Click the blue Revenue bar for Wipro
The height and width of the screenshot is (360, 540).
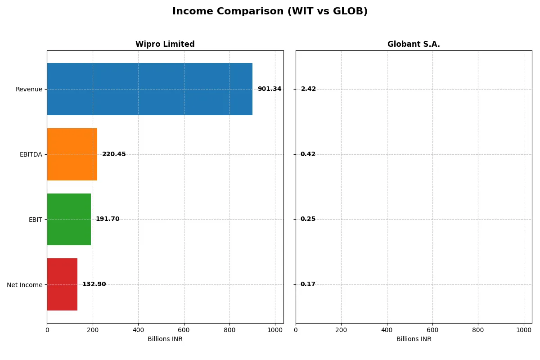[x=149, y=89]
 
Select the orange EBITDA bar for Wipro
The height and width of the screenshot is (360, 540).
[x=72, y=154]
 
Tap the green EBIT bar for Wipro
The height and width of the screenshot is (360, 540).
[x=69, y=219]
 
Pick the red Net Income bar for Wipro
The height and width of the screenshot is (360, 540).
[x=62, y=284]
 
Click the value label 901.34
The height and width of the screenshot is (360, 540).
[x=269, y=89]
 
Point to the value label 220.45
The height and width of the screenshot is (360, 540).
[x=114, y=154]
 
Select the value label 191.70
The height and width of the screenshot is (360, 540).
[x=108, y=219]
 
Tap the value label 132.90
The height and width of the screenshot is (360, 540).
[x=94, y=284]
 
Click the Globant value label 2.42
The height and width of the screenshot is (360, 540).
[x=308, y=89]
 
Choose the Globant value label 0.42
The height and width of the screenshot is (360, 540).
[x=308, y=154]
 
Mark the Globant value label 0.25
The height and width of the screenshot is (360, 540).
[x=308, y=219]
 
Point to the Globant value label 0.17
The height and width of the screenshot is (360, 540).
[x=308, y=284]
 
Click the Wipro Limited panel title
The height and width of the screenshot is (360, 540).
[x=165, y=44]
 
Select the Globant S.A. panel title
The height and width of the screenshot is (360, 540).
[x=414, y=44]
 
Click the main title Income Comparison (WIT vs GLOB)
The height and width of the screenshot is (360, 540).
[x=270, y=11]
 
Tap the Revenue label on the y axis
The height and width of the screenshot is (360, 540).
[x=29, y=89]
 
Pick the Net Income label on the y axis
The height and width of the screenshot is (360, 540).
[x=25, y=285]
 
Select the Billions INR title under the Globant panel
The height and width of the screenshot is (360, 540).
[x=414, y=339]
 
